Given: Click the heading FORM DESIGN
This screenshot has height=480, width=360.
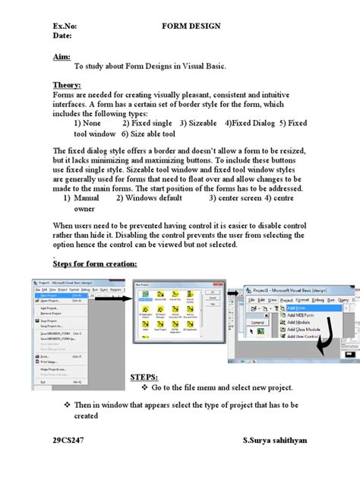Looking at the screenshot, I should (191, 26).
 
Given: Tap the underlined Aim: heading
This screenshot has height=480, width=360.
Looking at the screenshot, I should (62, 56).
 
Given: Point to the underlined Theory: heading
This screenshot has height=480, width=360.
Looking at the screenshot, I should (67, 85).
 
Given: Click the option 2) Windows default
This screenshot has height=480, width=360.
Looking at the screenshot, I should (149, 197).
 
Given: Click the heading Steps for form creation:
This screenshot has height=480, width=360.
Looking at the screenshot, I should (95, 264).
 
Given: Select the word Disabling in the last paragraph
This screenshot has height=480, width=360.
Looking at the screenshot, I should (141, 235).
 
